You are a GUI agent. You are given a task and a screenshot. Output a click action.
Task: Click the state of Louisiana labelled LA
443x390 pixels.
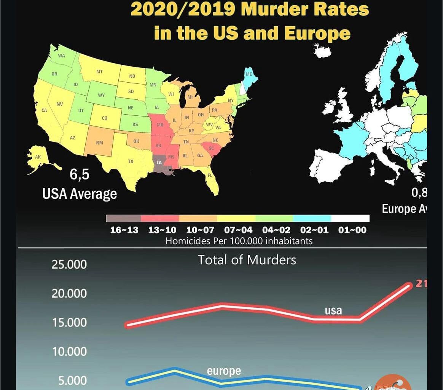tap(159, 163)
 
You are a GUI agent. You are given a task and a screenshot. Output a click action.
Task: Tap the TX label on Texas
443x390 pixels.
tap(131, 161)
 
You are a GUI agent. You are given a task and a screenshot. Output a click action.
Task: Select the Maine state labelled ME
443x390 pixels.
tap(249, 74)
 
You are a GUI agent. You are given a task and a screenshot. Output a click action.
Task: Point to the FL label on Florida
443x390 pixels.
tap(209, 176)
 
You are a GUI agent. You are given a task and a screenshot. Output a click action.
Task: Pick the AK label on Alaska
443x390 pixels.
tap(38, 157)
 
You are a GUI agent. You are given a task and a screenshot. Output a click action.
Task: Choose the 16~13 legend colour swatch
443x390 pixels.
tap(123, 218)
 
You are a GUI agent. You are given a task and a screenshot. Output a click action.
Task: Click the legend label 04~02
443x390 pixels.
tap(276, 230)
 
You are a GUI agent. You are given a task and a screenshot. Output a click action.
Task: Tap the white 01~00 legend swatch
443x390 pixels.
tap(350, 218)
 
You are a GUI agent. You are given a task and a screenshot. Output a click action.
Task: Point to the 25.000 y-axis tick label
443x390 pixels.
tap(69, 264)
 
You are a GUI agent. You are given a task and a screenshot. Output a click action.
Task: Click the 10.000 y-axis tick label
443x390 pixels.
tap(69, 352)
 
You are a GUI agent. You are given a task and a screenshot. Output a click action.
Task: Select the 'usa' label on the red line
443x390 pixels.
tap(333, 310)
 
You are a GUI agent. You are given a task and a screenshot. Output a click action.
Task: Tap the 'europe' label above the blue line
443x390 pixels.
tap(224, 371)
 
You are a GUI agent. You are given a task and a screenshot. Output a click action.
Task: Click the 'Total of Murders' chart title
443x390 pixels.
tap(247, 260)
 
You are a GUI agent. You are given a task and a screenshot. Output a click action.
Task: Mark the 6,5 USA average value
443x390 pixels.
tap(80, 174)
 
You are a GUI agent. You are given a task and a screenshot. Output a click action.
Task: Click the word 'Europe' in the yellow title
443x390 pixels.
tap(317, 33)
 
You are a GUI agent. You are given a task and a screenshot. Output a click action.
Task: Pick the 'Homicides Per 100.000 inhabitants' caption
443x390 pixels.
tap(239, 241)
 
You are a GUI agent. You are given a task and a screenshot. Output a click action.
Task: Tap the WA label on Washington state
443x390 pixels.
tap(62, 56)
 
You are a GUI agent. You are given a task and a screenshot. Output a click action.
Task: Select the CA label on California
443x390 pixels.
tap(44, 110)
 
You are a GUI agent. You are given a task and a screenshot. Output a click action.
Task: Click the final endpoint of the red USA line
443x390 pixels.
tap(408, 286)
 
